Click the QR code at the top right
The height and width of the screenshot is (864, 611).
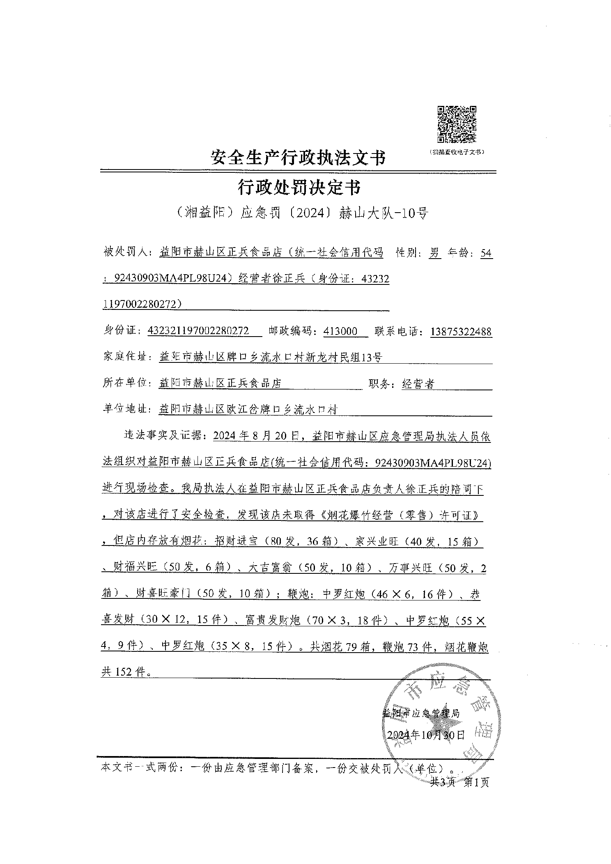pos(456,124)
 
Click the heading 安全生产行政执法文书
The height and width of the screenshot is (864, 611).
pos(298,157)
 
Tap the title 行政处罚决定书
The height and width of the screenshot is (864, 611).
pos(299,188)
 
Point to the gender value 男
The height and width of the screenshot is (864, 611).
pos(435,253)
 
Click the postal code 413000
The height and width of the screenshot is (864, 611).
pos(340,331)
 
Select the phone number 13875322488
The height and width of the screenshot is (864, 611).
pos(461,331)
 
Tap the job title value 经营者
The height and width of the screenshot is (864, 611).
pos(418,384)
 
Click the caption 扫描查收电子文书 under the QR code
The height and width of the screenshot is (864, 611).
pos(456,152)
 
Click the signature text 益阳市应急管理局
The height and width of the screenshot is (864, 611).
pos(421,713)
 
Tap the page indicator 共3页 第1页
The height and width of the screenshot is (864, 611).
pos(459,782)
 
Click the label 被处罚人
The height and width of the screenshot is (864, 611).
pos(126,253)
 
